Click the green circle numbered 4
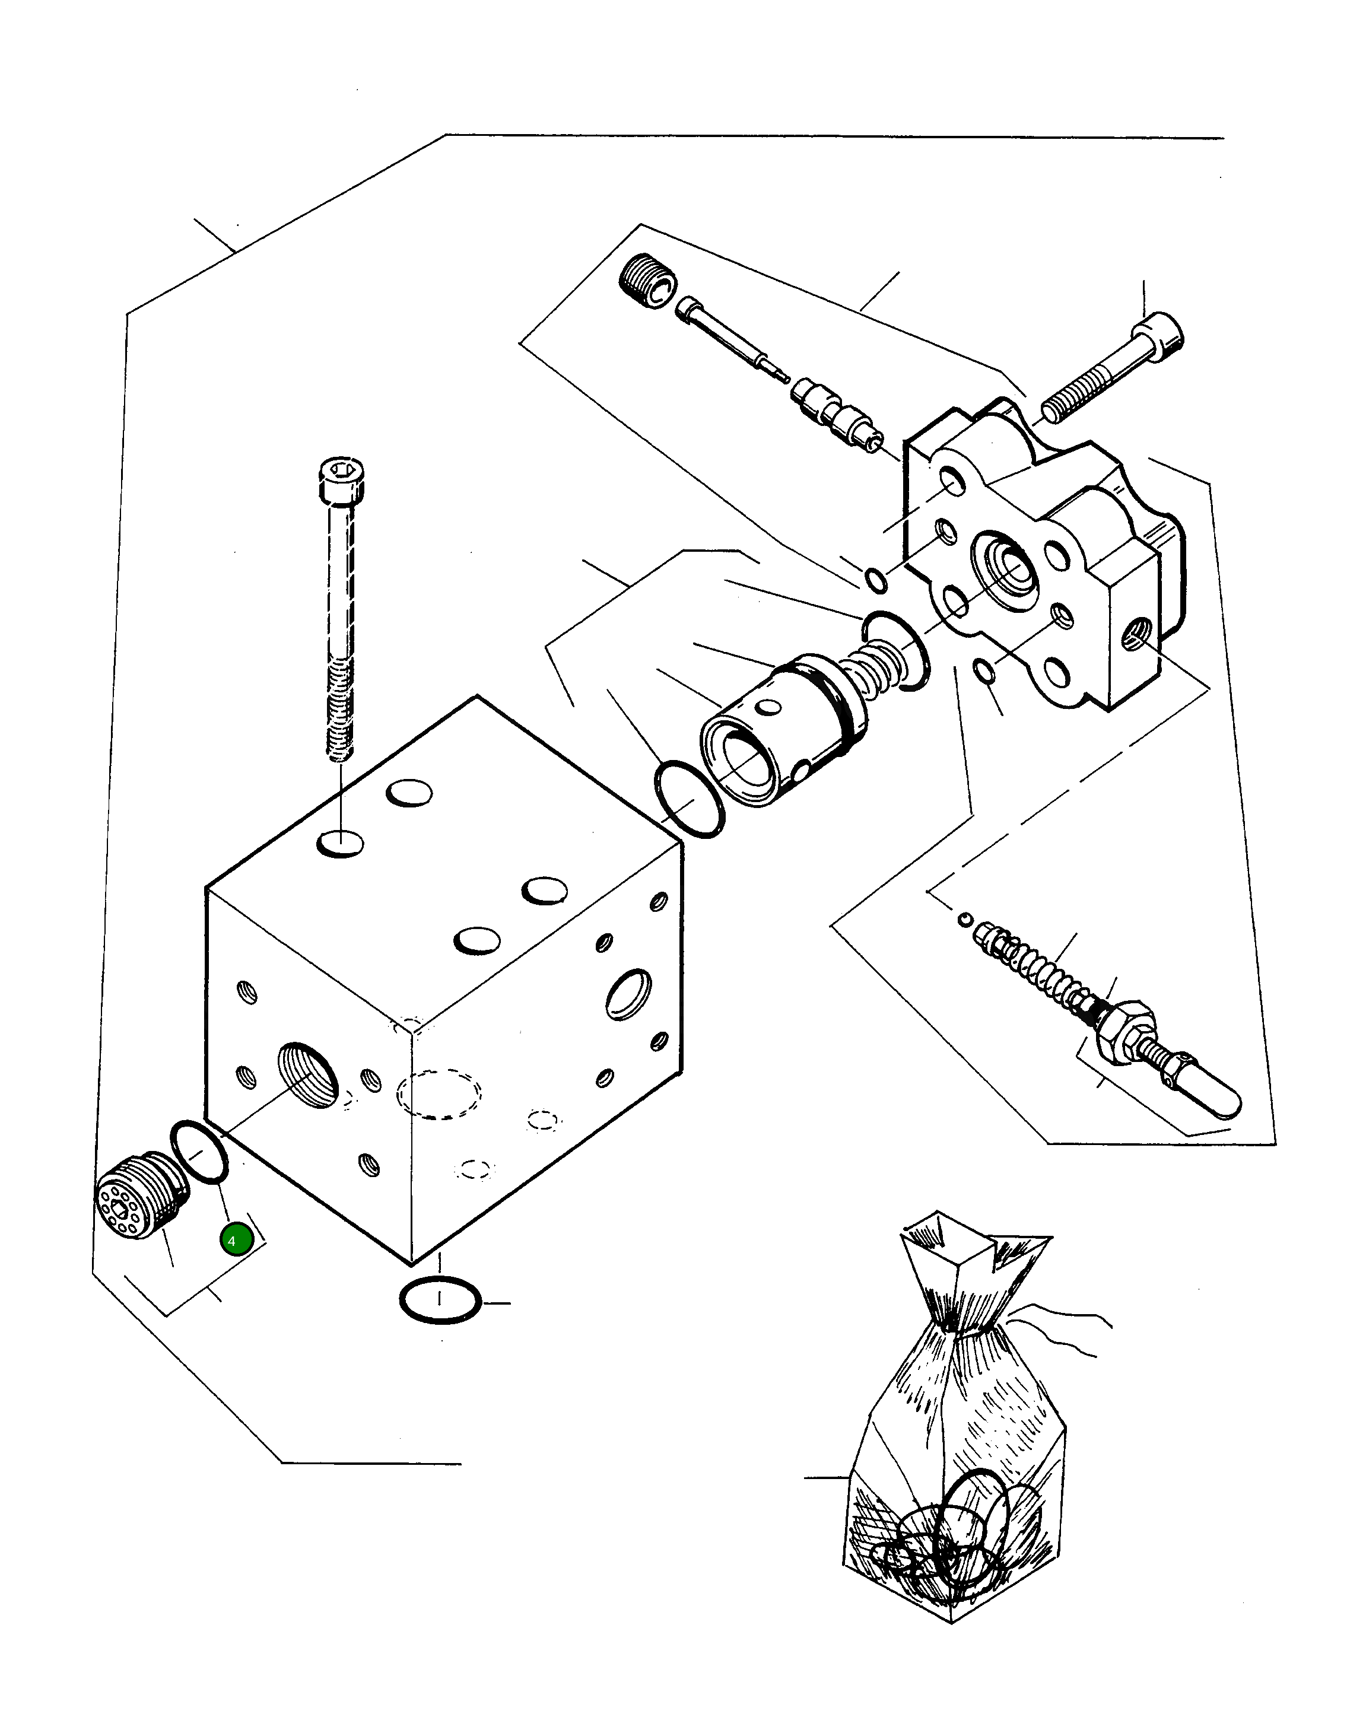(x=236, y=1240)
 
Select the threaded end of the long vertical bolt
(x=340, y=716)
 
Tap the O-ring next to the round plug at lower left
(x=199, y=1152)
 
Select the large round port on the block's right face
(x=629, y=993)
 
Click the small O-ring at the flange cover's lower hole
(x=983, y=672)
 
